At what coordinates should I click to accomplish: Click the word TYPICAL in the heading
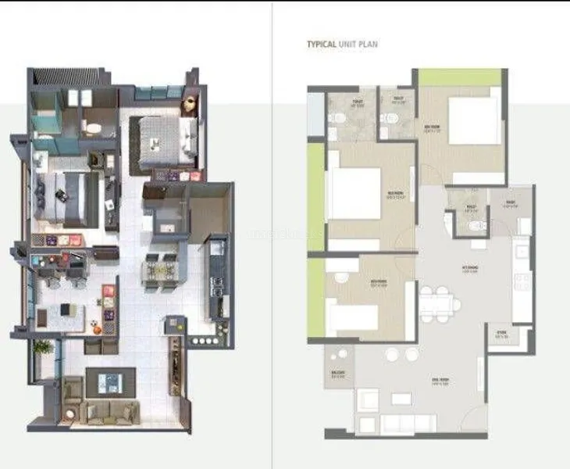pos(322,45)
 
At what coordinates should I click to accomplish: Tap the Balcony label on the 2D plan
pos(338,374)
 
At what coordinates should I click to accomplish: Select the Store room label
pos(501,337)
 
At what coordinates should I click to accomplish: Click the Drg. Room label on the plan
pos(440,381)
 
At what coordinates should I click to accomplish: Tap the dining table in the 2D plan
pos(436,302)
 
